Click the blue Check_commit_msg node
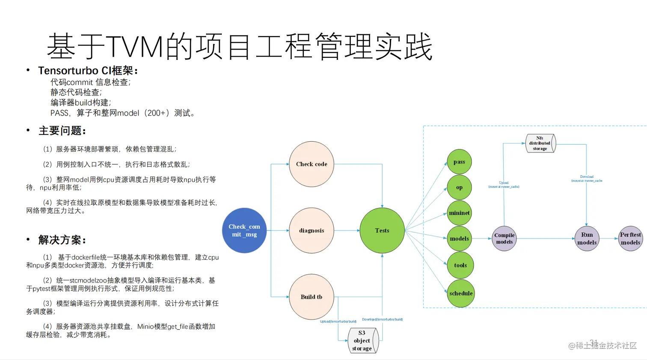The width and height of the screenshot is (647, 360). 244,230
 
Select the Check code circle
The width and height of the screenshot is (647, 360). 312,164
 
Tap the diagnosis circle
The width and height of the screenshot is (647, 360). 312,230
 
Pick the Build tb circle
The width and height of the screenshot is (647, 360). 312,297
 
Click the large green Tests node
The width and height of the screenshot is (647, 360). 382,230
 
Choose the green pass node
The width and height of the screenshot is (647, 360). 459,162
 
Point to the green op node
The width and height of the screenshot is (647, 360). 459,187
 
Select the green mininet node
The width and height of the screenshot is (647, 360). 459,213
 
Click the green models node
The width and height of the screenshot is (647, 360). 459,238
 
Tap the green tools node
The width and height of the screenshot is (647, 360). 460,265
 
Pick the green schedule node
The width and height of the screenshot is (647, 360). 461,293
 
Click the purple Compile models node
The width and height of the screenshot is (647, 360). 504,238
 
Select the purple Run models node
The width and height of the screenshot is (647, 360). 587,238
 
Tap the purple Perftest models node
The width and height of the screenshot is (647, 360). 630,238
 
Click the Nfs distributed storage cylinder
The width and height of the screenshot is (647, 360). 540,143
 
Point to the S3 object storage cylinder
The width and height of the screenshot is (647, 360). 362,340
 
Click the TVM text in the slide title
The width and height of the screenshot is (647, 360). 134,46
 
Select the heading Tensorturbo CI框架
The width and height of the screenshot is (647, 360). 88,71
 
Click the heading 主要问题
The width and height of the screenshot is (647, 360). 62,131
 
